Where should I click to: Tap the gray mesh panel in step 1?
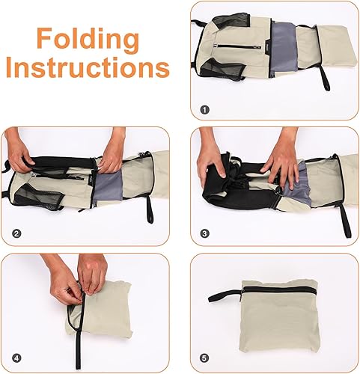pos(285,49)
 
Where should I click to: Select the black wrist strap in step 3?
pos(344,213)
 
